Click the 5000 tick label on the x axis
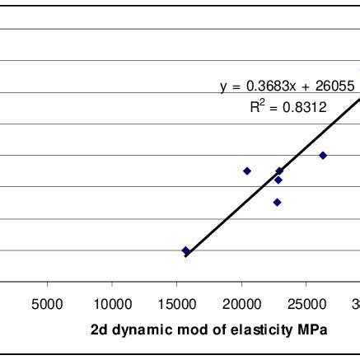tap(48, 303)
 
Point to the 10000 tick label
tap(111, 303)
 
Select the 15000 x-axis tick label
tap(176, 303)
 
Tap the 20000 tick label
tap(241, 303)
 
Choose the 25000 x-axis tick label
tap(306, 303)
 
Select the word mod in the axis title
tap(183, 330)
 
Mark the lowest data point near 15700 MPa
tap(185, 250)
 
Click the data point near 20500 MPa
tap(247, 171)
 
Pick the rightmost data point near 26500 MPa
tap(323, 155)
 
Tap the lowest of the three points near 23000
tap(278, 202)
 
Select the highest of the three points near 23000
tap(279, 171)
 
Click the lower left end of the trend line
tap(185, 256)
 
